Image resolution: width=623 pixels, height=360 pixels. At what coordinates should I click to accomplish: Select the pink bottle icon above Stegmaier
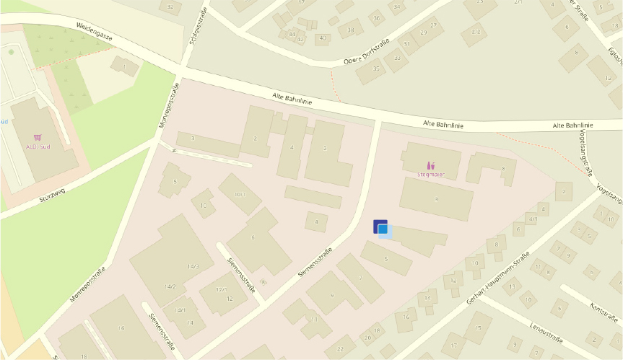click(x=431, y=165)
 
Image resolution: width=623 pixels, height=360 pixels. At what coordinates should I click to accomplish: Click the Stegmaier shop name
click(x=431, y=174)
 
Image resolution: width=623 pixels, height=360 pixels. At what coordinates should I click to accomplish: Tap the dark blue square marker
click(x=380, y=226)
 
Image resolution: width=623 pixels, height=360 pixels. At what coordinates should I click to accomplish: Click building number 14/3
click(x=192, y=266)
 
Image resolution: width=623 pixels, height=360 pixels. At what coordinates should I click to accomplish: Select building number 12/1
click(x=222, y=289)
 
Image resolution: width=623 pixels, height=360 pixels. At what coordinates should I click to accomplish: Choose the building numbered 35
click(x=376, y=69)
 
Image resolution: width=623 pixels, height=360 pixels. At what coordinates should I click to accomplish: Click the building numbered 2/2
click(x=475, y=32)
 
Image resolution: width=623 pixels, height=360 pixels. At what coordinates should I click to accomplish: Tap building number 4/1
click(x=533, y=218)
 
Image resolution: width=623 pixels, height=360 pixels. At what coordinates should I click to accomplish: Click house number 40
click(x=322, y=38)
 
